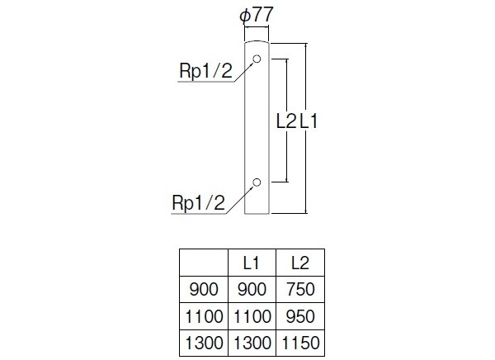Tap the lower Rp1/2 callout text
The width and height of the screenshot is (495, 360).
coord(198,202)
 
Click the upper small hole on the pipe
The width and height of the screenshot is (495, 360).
coord(257,59)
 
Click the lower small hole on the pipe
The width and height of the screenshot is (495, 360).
coord(257,182)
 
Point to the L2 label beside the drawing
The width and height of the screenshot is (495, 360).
coord(285,121)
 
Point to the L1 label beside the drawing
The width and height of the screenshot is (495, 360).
coord(309,121)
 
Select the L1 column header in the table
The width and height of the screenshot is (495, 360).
coord(252,263)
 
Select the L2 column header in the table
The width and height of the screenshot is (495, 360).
coord(300,263)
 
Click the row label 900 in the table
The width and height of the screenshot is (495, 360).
coord(204,290)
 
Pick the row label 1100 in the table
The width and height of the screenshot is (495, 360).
coord(204,316)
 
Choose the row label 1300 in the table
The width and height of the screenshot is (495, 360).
coord(204,343)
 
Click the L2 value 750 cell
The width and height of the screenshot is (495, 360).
coord(300,290)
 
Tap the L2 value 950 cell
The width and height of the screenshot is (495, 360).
coord(300,316)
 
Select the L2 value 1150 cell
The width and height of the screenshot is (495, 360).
coord(300,343)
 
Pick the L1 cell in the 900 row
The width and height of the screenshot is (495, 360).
coord(252,290)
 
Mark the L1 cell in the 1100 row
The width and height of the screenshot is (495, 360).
coord(252,316)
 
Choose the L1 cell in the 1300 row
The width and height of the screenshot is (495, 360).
coord(252,343)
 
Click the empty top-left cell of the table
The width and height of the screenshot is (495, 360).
coord(204,263)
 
